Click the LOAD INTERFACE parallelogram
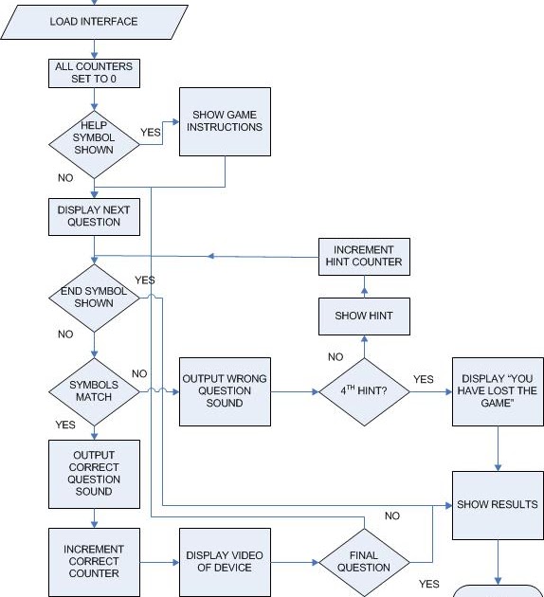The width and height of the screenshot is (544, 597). click(x=93, y=21)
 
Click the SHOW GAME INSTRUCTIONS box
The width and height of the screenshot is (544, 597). click(x=227, y=121)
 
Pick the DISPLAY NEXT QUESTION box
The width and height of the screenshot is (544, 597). click(x=94, y=216)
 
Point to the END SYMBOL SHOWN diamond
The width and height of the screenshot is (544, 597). click(x=94, y=298)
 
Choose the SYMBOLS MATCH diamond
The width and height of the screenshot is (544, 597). click(x=94, y=390)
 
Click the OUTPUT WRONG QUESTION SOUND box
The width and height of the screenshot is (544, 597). click(x=225, y=390)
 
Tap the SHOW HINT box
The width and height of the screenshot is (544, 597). click(x=364, y=316)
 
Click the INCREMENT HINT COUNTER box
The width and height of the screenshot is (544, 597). click(x=364, y=256)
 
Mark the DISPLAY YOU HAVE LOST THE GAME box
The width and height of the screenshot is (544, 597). click(x=497, y=390)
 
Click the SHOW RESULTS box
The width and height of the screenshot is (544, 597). click(x=497, y=504)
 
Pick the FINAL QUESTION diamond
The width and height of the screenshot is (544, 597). click(x=363, y=561)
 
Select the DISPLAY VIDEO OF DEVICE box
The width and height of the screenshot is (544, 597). click(x=225, y=561)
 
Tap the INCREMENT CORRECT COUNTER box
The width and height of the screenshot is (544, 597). click(x=94, y=561)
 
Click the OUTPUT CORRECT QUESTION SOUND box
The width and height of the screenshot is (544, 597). click(x=94, y=473)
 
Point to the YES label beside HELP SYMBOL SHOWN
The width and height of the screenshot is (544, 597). click(x=151, y=133)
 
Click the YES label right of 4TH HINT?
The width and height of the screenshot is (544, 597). click(x=423, y=379)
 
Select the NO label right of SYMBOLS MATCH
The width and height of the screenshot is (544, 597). click(x=139, y=373)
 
